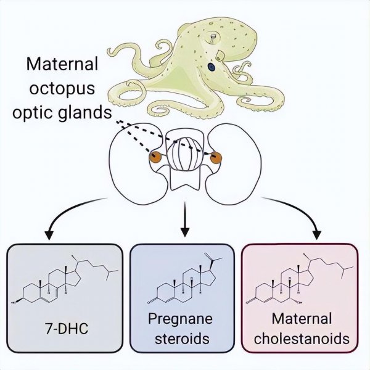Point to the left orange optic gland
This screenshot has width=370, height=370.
point(154,157)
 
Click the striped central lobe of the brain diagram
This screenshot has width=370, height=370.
point(184,152)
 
